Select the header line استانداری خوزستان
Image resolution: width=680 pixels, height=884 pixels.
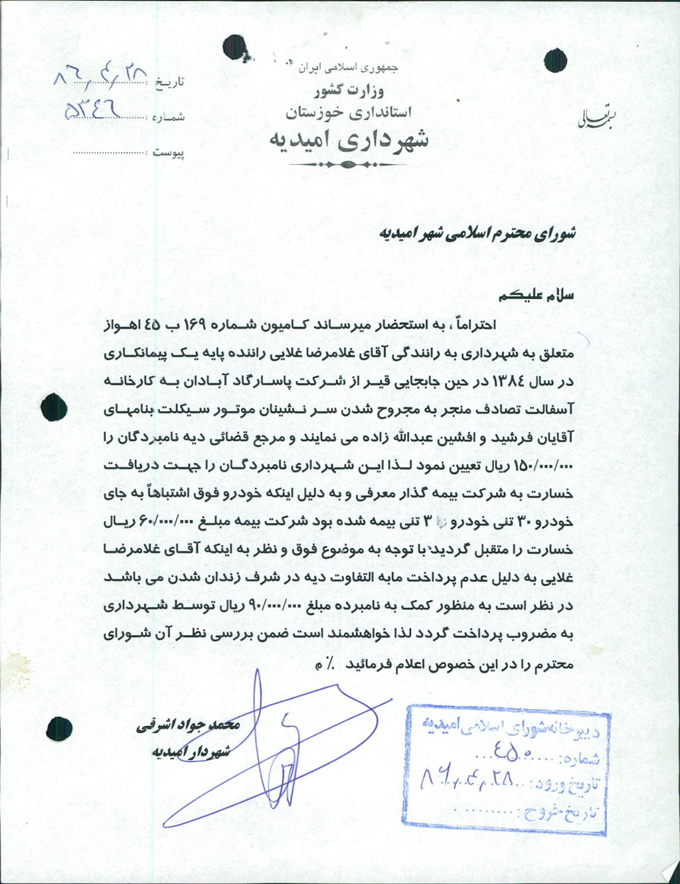click(349, 112)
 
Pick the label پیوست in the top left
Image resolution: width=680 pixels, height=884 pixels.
click(169, 153)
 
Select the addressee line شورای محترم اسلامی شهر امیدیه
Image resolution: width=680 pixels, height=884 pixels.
click(477, 232)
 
